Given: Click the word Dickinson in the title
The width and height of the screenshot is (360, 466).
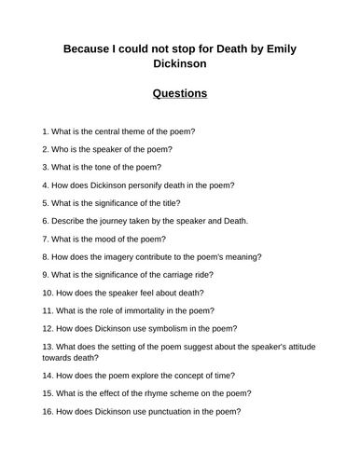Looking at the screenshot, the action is (x=180, y=65).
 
